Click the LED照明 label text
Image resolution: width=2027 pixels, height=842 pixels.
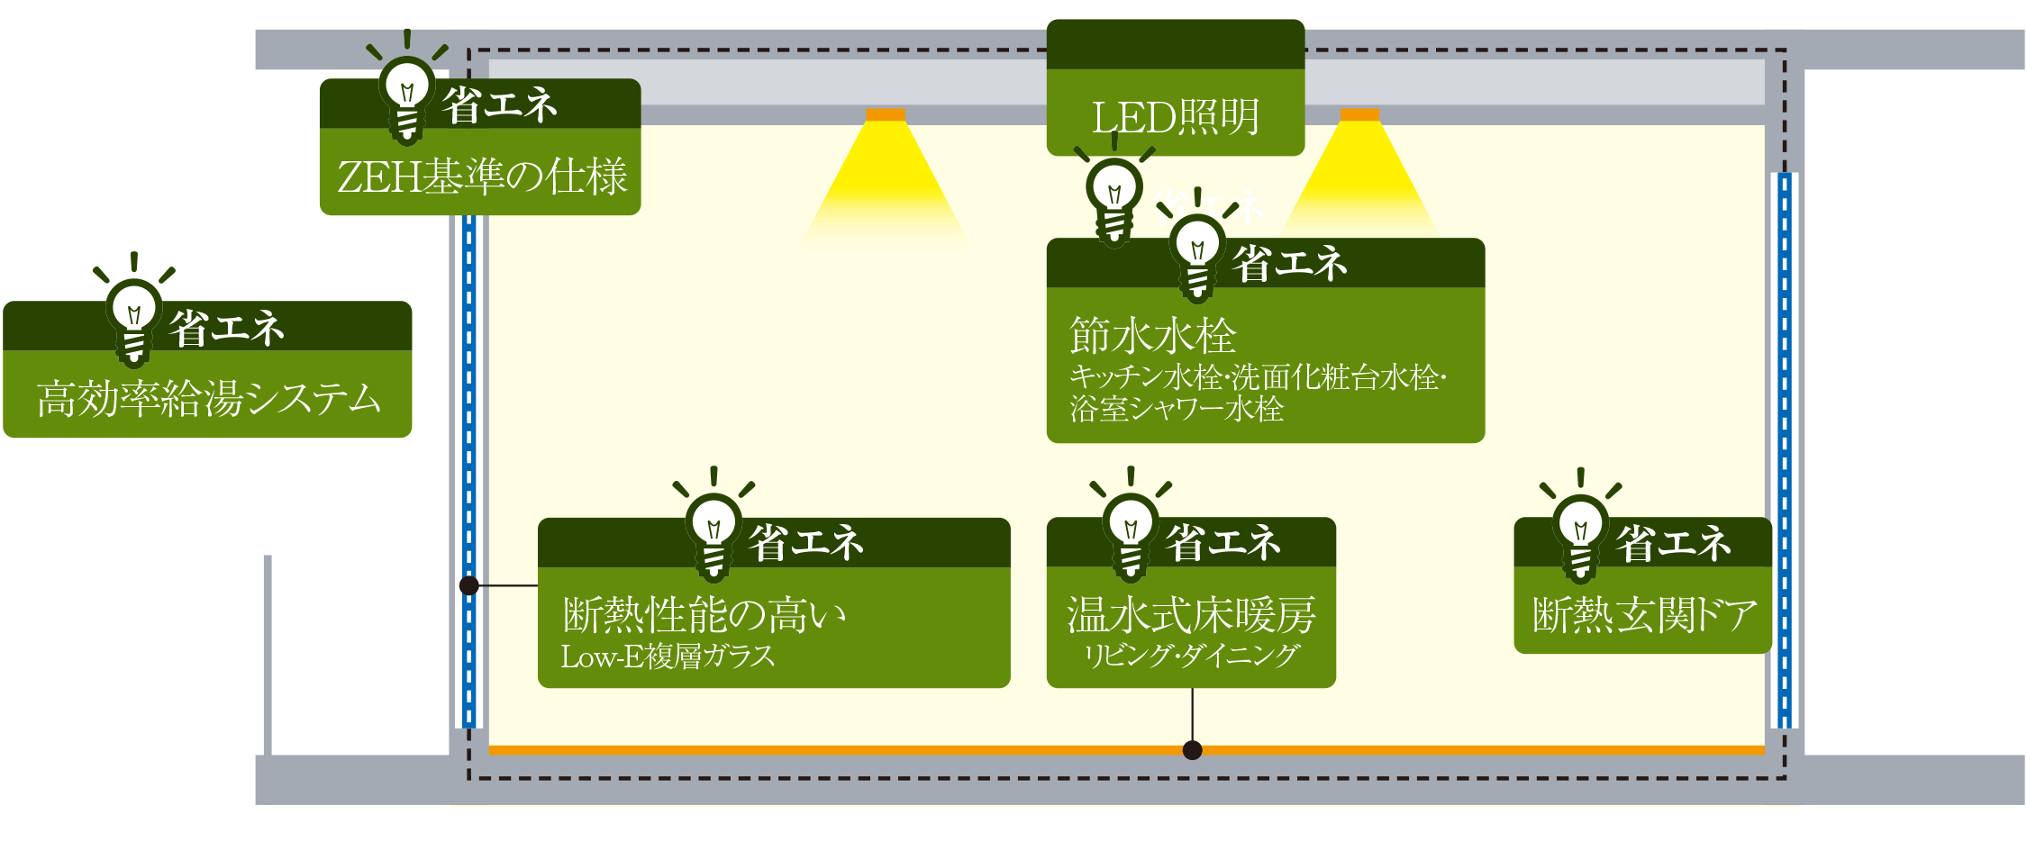[1176, 117]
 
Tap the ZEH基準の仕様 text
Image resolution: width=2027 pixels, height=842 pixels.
[482, 176]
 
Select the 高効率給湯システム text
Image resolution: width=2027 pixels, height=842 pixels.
[209, 398]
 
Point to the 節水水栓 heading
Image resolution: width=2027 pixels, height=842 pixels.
[1153, 335]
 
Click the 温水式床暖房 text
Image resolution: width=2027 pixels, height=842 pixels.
[1191, 615]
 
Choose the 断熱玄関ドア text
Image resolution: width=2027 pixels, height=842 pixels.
[1644, 615]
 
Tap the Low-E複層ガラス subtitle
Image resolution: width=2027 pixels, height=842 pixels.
[668, 656]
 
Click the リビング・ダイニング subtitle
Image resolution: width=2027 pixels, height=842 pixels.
[1191, 656]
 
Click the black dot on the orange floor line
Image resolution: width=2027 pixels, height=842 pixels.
[1193, 750]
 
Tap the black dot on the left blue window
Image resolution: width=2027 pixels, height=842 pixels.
[468, 585]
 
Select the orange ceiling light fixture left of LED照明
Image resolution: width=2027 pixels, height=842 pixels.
[886, 114]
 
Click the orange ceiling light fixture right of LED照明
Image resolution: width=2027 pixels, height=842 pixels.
[1359, 114]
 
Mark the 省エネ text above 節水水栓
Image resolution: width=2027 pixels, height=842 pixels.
[1290, 264]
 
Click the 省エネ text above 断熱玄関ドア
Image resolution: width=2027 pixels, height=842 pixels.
[1673, 543]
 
